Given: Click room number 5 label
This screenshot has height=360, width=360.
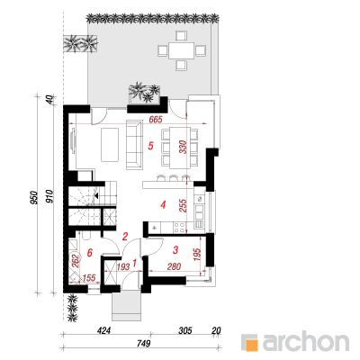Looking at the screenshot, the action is (x=151, y=146).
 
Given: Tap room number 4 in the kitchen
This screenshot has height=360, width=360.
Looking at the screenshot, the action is (x=163, y=205).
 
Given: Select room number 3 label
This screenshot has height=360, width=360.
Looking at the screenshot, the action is (x=175, y=249).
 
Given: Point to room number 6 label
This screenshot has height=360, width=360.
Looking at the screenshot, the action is (x=89, y=253).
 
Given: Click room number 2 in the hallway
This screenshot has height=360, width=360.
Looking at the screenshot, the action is (x=125, y=237).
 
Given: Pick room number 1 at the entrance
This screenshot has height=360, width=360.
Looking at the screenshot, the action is (x=134, y=264).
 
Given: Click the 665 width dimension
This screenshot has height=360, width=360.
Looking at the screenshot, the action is (x=156, y=120).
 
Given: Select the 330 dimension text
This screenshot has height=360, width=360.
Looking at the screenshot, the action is (x=184, y=147).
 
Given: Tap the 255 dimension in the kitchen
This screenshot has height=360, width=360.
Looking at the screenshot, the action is (x=183, y=206).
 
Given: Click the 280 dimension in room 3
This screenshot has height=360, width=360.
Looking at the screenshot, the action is (x=174, y=266).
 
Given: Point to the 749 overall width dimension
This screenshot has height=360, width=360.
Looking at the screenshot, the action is (x=143, y=343).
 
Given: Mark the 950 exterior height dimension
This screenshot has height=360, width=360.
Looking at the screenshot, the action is (x=34, y=198).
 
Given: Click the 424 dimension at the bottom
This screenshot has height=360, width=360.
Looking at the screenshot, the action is (x=105, y=330).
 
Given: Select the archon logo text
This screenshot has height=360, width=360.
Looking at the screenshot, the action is (x=306, y=341).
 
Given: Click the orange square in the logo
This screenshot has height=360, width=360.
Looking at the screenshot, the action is (x=253, y=345).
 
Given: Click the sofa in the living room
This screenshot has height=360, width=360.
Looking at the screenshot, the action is (x=134, y=145).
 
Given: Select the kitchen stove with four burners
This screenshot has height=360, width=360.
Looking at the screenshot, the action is (x=179, y=227).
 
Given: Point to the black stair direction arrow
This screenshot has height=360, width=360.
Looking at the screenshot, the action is (x=97, y=195).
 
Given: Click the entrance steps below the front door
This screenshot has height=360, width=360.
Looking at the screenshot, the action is (x=126, y=306).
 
